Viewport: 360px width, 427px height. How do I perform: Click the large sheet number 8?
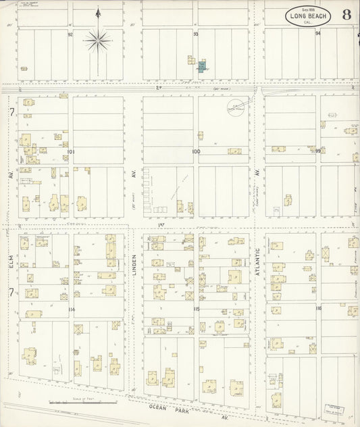click(346, 15)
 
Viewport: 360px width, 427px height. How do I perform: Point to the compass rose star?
click(98, 42)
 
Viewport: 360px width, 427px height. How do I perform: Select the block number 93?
click(196, 33)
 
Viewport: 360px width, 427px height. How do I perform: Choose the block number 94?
click(317, 32)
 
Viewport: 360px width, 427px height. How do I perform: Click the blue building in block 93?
click(201, 66)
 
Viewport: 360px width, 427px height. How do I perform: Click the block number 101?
click(70, 152)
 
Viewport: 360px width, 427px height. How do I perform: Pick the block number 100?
click(196, 152)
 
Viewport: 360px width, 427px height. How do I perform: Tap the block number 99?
click(317, 151)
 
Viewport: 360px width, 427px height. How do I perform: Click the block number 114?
click(70, 308)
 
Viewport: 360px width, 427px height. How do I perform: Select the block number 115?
click(196, 309)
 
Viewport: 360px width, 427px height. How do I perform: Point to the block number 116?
click(317, 308)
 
